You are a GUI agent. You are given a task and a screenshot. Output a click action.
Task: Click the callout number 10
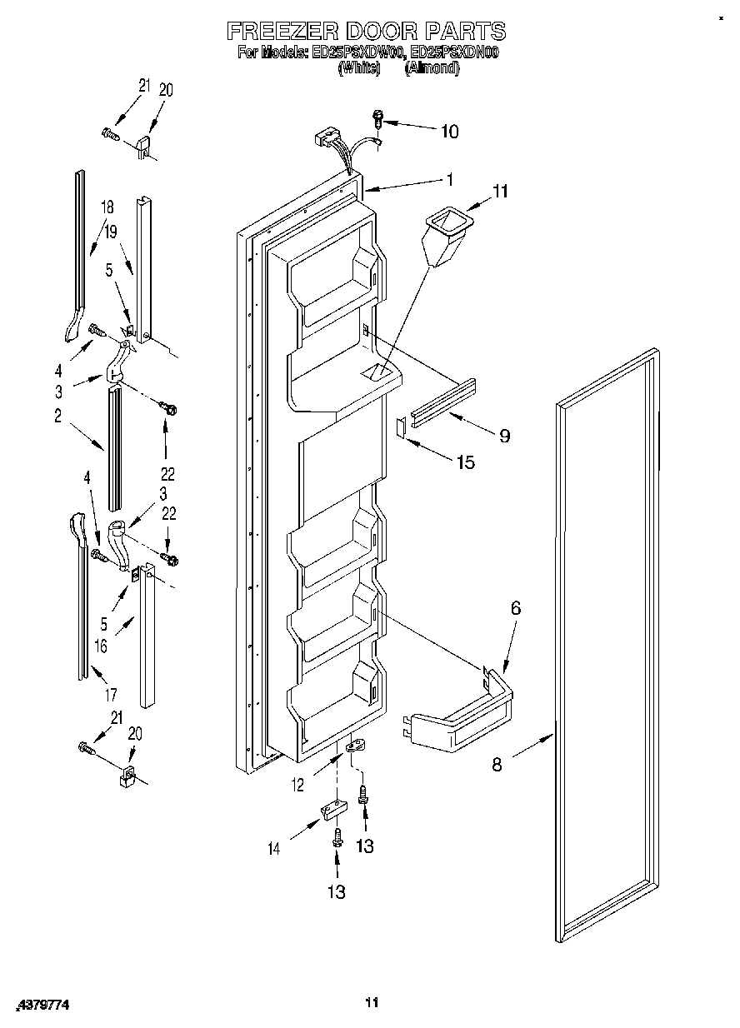[449, 131]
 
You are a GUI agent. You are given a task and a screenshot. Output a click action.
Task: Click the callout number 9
[504, 435]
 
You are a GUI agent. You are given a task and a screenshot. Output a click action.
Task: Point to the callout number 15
[465, 462]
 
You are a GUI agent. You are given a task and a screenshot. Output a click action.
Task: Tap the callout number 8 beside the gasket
[497, 765]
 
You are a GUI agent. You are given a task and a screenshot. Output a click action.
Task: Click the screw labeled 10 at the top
[377, 120]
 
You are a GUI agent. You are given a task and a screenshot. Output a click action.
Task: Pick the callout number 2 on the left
[58, 417]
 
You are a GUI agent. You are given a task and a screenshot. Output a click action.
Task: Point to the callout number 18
[107, 206]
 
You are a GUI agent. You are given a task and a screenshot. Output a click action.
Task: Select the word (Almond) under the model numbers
[432, 69]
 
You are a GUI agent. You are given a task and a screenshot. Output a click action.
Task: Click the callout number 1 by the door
[449, 178]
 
